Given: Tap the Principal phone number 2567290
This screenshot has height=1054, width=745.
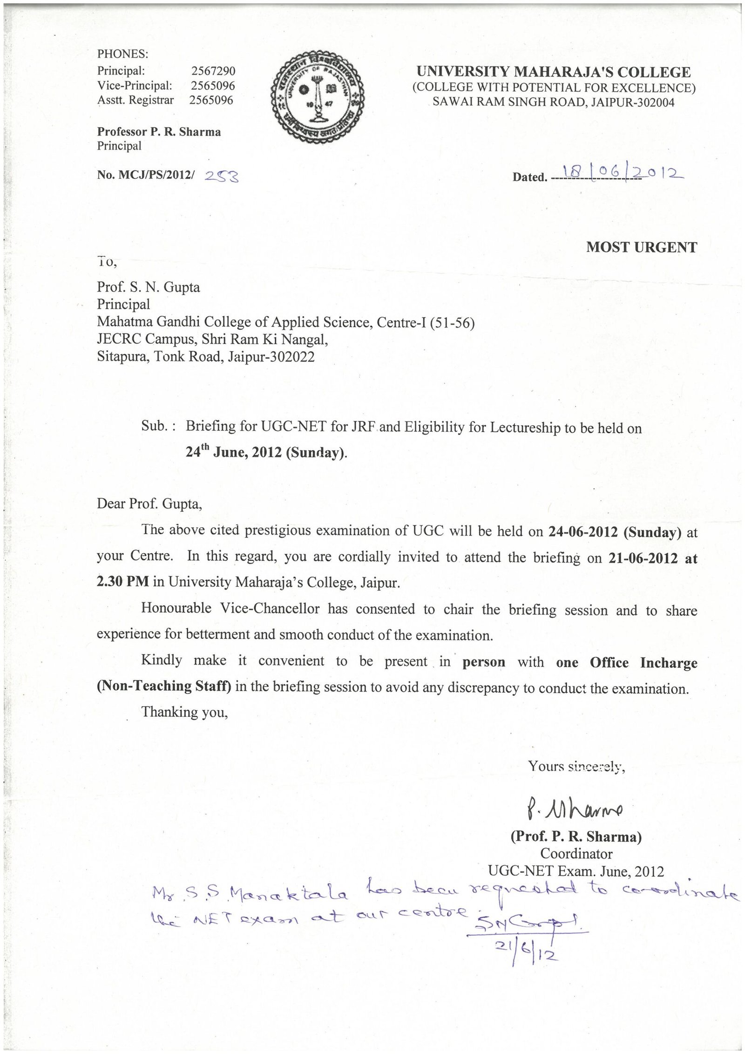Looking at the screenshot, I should tap(213, 71).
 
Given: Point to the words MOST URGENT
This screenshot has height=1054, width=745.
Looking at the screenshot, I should tap(641, 247).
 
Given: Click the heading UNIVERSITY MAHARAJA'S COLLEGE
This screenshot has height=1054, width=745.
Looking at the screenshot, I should tap(554, 72).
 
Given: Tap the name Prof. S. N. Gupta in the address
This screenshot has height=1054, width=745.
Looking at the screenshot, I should tap(148, 287).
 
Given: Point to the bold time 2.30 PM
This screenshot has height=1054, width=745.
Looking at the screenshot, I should tap(123, 582).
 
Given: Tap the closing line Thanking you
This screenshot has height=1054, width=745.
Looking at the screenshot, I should tap(184, 712).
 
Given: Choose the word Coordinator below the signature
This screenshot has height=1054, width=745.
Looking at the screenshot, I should tap(576, 854).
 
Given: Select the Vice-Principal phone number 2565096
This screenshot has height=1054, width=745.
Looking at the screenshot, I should tap(213, 86).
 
